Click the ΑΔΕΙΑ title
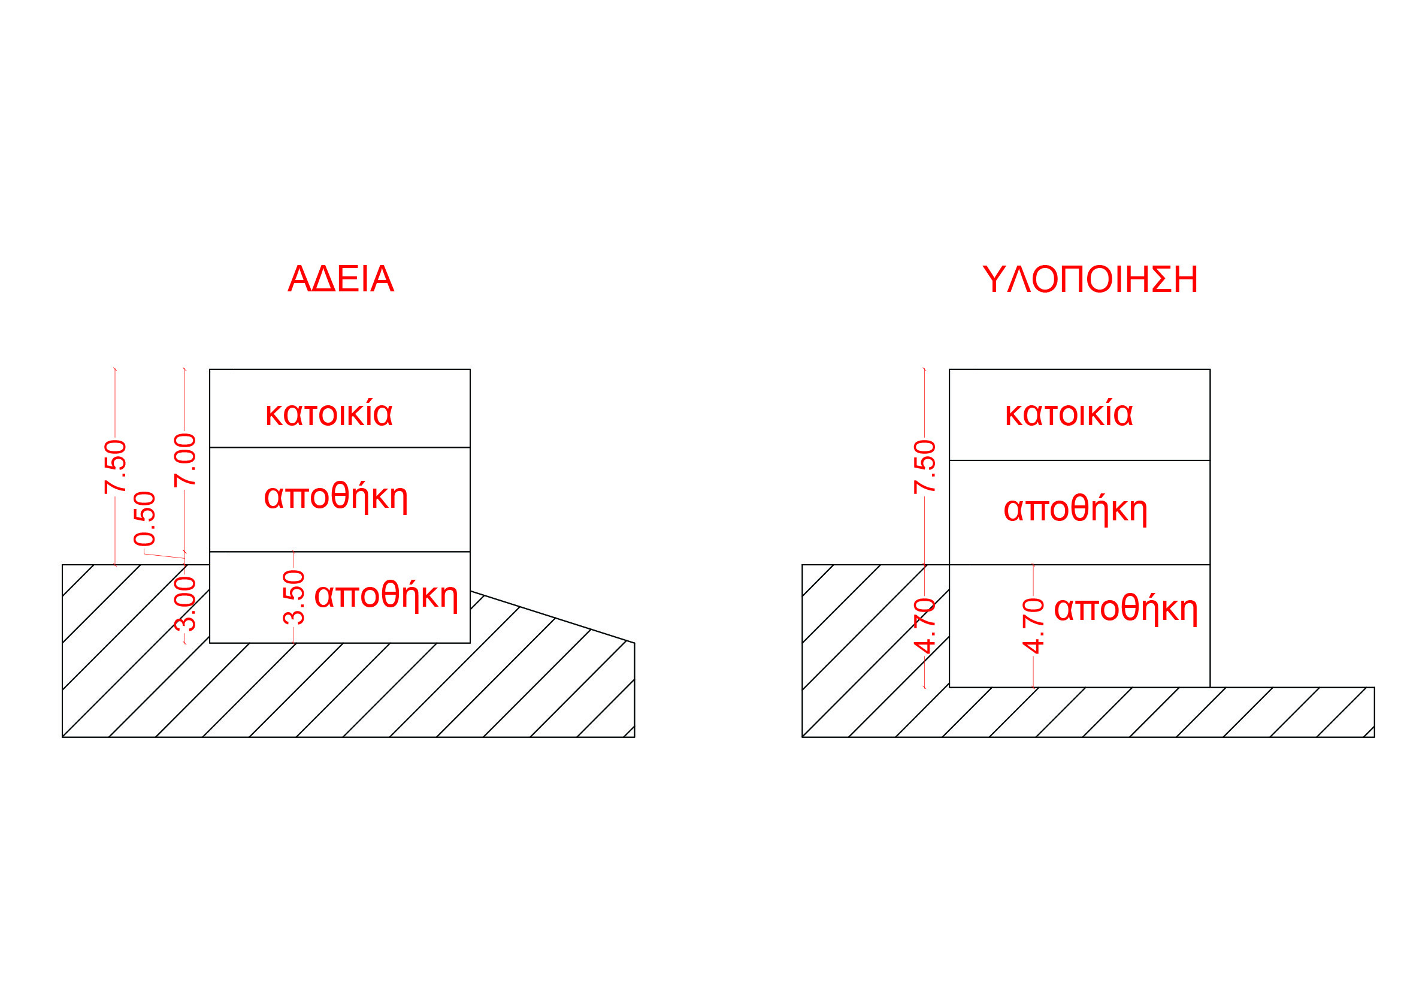point(341,279)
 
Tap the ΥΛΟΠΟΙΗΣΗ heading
point(1090,279)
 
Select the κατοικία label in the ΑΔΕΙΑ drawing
point(329,414)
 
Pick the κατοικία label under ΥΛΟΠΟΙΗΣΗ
point(1069,414)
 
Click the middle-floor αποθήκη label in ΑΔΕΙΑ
point(335,496)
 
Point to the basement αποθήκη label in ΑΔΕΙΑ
point(386,595)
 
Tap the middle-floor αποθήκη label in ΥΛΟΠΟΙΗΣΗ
point(1076,509)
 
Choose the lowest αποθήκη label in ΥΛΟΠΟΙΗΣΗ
point(1127,608)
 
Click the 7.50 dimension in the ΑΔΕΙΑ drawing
point(116,466)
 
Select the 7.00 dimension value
point(185,460)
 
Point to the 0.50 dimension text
point(144,519)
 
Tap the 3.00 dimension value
point(186,604)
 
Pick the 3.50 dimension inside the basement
point(293,597)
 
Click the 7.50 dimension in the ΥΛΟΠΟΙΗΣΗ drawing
point(925,466)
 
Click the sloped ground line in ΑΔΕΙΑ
point(552,618)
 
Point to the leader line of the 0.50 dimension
point(164,556)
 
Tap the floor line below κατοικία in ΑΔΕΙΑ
point(340,448)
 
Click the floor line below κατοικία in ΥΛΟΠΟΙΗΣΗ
point(1079,460)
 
